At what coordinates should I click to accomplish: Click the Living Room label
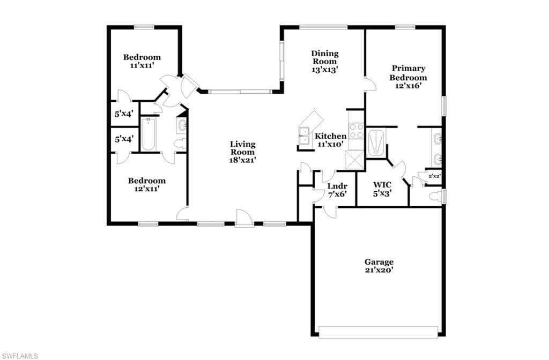coord(242,152)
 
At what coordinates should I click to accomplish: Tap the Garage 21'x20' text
coord(379,266)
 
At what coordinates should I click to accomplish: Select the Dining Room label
coord(325,61)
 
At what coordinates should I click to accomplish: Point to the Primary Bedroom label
coord(408,77)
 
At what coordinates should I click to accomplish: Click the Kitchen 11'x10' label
coord(330,140)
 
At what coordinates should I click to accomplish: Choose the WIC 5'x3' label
coord(382,189)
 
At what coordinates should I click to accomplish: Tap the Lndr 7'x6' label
coord(337,190)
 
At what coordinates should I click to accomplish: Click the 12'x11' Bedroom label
coord(147,185)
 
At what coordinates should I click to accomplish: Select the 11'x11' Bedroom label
coord(142,61)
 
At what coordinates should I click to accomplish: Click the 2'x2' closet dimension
coord(434,176)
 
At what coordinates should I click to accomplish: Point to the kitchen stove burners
coord(357,130)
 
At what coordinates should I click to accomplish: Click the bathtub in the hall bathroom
coord(149,134)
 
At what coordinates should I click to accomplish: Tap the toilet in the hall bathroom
coord(181,144)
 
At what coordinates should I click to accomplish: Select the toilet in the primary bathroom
coord(436,196)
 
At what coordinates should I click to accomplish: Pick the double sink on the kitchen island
coord(304,136)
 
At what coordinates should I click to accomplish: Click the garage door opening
coord(378,332)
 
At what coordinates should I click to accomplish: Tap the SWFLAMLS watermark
coord(20,356)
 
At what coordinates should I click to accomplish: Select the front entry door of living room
coord(244,219)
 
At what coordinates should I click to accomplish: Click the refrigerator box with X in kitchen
coord(355,160)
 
